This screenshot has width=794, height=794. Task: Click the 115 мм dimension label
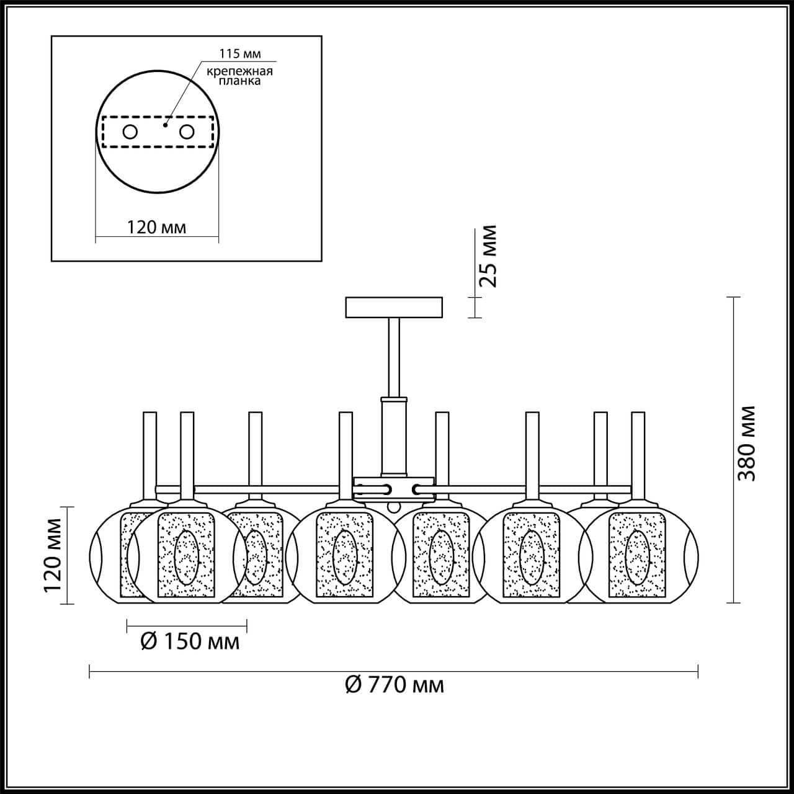point(240,53)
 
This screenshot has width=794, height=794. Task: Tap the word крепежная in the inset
point(239,71)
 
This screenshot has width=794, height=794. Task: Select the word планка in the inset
point(239,81)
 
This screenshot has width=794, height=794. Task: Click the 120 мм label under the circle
point(156,227)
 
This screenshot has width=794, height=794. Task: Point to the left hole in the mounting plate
point(130,132)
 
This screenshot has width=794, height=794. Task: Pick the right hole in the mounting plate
point(187,132)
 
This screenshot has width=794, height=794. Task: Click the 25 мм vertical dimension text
point(488,256)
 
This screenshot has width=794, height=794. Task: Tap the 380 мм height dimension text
point(746,444)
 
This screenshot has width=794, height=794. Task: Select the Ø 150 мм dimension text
point(190,653)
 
